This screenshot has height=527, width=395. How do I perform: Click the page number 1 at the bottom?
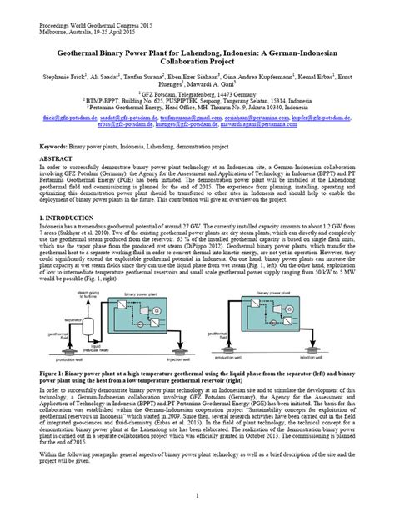[197, 496]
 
